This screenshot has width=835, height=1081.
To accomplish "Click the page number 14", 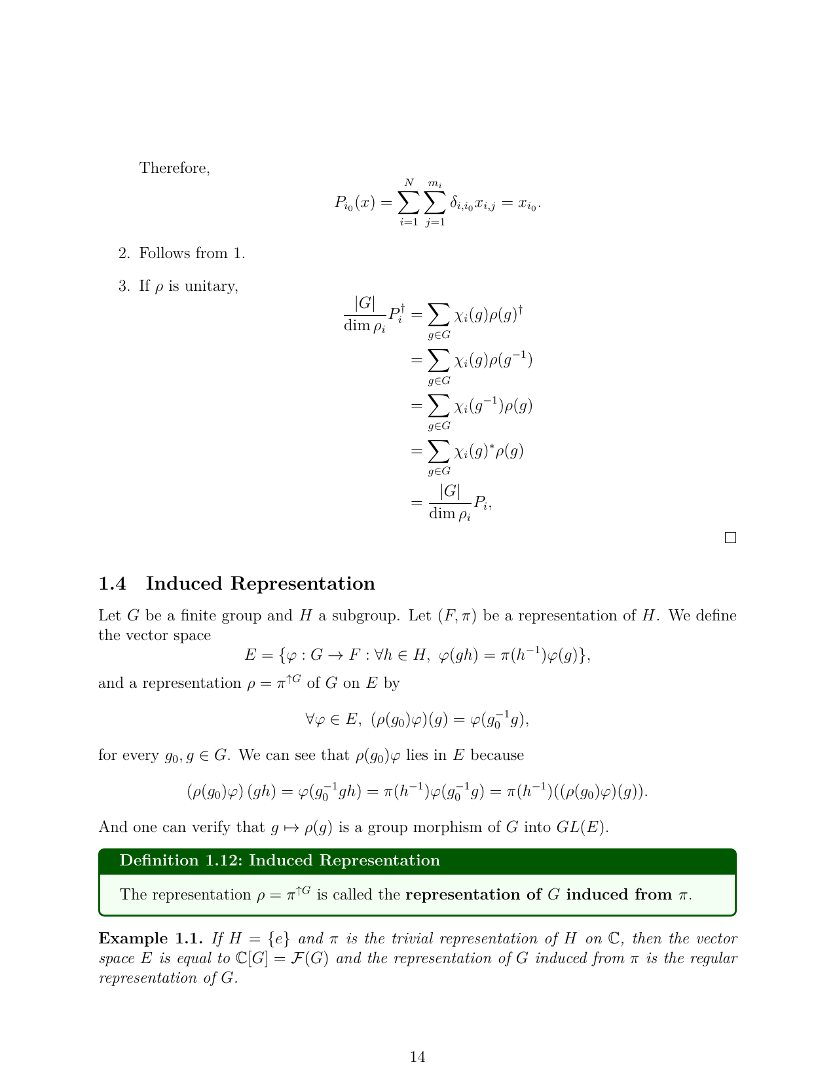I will (x=417, y=1056).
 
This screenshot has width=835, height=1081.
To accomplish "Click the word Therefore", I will (x=174, y=168).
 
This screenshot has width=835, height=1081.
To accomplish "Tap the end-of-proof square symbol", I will (x=731, y=538).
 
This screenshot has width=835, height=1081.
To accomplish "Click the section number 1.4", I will (x=112, y=584).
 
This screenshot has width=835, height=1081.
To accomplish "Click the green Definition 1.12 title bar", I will (x=417, y=861).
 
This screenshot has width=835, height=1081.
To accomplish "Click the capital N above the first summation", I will (x=409, y=183).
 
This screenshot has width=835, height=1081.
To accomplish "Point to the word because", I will (x=498, y=755).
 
